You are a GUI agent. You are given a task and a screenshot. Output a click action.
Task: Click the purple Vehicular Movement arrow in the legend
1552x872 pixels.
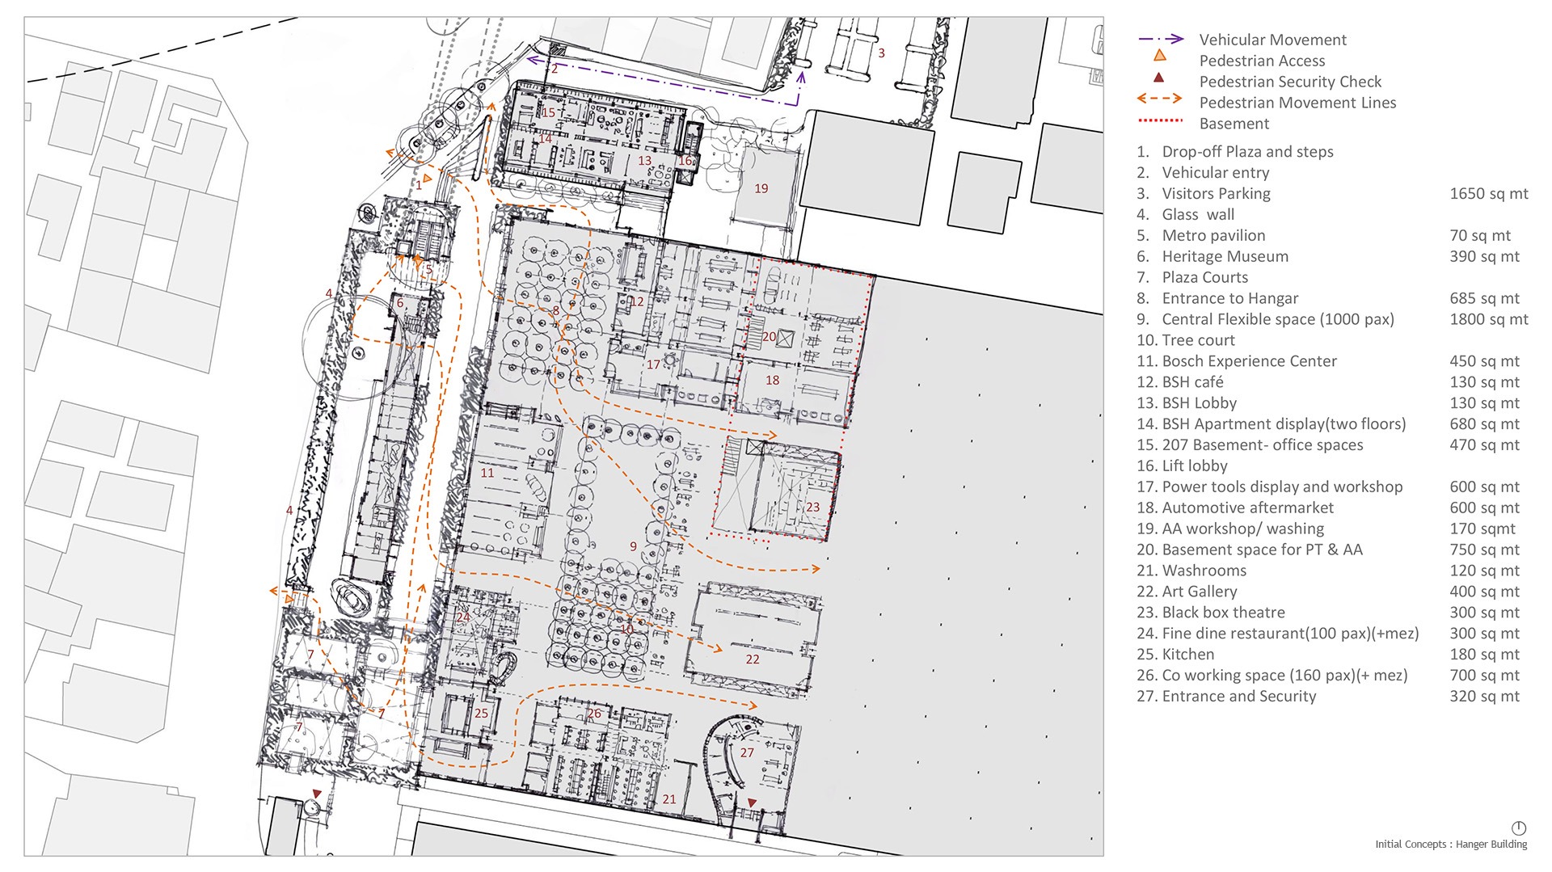1161,39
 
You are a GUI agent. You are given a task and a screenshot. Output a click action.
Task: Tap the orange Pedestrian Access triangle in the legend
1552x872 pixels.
1159,56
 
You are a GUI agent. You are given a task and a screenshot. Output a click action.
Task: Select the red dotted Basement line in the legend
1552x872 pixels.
1160,120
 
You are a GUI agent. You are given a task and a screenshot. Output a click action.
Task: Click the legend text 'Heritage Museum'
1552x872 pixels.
1225,256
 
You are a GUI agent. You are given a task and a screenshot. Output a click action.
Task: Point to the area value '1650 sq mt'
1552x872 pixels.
1488,193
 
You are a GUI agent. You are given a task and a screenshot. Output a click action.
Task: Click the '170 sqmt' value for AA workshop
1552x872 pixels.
1482,529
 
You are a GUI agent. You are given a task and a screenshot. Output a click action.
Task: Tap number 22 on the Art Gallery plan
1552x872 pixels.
753,659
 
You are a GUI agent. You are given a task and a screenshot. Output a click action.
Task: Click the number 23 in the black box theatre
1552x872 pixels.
812,508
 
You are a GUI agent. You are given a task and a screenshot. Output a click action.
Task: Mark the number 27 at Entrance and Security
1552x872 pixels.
747,752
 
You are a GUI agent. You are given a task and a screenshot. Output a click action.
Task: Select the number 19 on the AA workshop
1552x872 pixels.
761,188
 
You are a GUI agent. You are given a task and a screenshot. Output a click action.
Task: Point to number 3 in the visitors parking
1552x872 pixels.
881,53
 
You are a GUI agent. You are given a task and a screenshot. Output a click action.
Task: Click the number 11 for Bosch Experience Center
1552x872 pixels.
487,473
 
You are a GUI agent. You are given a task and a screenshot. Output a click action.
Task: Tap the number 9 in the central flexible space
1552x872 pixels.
633,546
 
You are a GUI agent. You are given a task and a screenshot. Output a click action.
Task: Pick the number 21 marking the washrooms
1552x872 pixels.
669,799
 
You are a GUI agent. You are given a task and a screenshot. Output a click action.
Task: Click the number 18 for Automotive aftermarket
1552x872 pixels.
772,380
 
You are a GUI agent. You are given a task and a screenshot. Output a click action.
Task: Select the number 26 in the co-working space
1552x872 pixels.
594,713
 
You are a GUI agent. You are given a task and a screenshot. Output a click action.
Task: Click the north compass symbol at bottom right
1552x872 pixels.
1518,828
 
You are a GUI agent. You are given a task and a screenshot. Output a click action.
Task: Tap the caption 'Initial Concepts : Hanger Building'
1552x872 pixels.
1451,845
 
